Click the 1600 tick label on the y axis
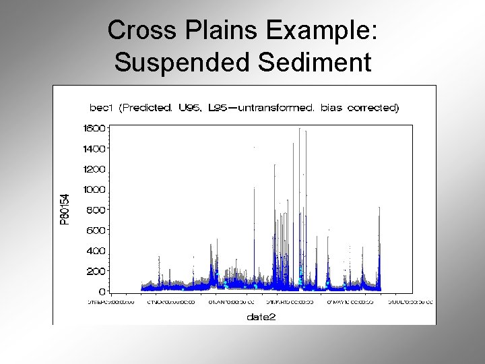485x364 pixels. click(94, 127)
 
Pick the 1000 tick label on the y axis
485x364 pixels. click(94, 189)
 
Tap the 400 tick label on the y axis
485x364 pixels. click(96, 251)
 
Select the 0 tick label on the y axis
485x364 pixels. click(102, 292)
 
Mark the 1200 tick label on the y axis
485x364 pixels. click(94, 169)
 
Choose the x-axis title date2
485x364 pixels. click(261, 315)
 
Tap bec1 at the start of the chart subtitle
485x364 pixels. click(102, 108)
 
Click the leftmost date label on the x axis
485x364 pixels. click(112, 303)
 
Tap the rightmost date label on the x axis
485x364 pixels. click(409, 303)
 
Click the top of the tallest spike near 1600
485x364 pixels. click(299, 128)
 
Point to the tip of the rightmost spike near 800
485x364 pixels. click(380, 208)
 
